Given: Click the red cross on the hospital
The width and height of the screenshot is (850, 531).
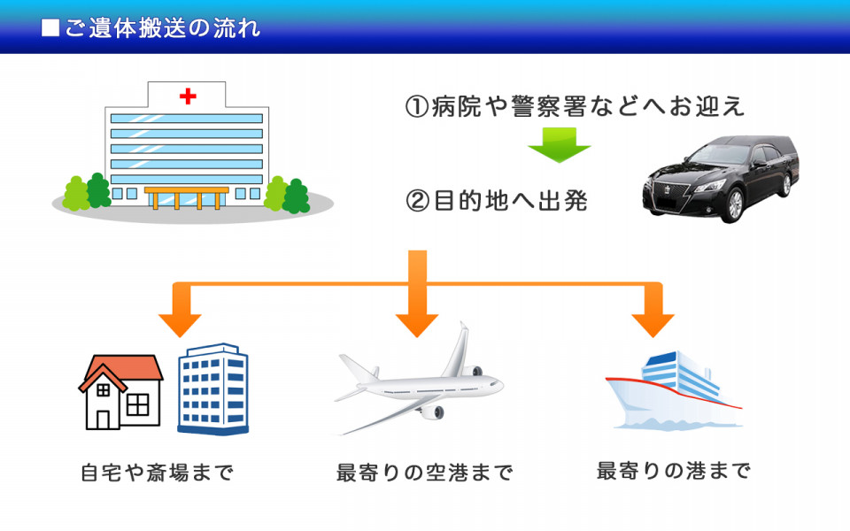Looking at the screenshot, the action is pyautogui.click(x=188, y=96).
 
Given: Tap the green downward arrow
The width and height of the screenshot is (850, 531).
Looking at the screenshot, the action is pyautogui.click(x=559, y=144).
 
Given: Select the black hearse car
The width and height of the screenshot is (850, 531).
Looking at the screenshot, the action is pyautogui.click(x=721, y=179).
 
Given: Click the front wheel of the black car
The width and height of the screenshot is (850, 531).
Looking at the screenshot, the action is pyautogui.click(x=734, y=204).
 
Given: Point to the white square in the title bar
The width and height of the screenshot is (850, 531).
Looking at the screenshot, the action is pyautogui.click(x=50, y=27).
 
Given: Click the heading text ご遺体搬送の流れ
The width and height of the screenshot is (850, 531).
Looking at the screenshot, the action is pyautogui.click(x=162, y=28).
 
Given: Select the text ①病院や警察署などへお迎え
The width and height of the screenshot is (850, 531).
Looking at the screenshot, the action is pyautogui.click(x=575, y=105).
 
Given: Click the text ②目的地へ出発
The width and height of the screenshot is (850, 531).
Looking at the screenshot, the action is pyautogui.click(x=497, y=201).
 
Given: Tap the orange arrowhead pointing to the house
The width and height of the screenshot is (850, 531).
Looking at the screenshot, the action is pyautogui.click(x=180, y=325).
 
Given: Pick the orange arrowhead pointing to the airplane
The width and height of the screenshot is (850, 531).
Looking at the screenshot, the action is pyautogui.click(x=417, y=325).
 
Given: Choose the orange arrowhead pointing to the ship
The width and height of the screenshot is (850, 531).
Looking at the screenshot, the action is pyautogui.click(x=653, y=325).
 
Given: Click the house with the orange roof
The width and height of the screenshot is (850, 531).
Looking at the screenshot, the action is pyautogui.click(x=120, y=392).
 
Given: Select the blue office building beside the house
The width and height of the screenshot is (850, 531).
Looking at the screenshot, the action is pyautogui.click(x=213, y=389).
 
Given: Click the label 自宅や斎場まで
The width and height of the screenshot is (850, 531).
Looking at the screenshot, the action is pyautogui.click(x=158, y=473).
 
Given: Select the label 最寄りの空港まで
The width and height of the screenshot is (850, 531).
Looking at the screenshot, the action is pyautogui.click(x=424, y=473).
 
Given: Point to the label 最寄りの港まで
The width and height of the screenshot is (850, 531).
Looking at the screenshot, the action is pyautogui.click(x=673, y=470).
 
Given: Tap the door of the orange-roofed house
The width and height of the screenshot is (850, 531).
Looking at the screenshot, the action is pyautogui.click(x=103, y=419).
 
